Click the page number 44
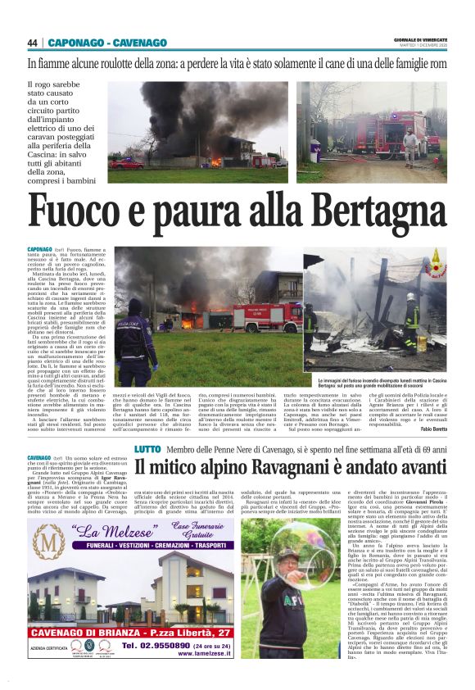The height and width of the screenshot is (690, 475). [x=33, y=43]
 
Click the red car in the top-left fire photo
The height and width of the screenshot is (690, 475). [x=122, y=162]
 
